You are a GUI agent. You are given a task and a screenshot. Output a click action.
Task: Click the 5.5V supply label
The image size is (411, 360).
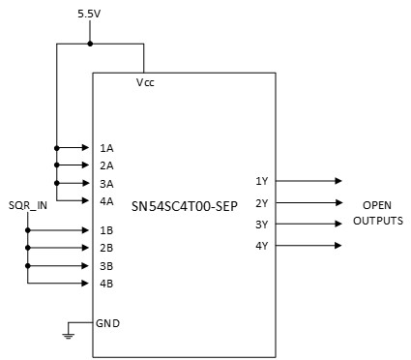point(90,15)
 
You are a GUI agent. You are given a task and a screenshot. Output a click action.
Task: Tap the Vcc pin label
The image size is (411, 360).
point(146,83)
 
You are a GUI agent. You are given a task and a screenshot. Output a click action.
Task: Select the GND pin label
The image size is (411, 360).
point(107,322)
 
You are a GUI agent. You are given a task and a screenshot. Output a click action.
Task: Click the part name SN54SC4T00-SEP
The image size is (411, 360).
point(185,205)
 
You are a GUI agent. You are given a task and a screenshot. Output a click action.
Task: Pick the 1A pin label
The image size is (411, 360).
point(106,148)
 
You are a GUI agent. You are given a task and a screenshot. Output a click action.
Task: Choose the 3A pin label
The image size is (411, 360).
point(106,183)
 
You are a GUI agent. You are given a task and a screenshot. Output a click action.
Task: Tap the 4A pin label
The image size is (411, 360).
point(106,200)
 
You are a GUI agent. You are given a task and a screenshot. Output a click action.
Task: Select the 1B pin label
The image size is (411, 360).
point(106,230)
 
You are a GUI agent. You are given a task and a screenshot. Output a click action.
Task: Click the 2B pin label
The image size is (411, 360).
point(106,248)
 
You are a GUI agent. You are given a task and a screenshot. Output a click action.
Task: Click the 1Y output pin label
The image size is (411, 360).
point(261,181)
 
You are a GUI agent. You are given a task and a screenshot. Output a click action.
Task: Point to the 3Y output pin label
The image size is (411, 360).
point(261,224)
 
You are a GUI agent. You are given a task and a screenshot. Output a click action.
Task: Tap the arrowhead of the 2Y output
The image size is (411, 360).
point(338,202)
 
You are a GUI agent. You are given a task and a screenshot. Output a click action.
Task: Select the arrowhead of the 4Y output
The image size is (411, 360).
point(338,245)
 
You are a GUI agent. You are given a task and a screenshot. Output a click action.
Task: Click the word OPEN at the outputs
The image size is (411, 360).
point(377,206)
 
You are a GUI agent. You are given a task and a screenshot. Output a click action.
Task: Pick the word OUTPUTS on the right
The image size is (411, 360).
point(377,222)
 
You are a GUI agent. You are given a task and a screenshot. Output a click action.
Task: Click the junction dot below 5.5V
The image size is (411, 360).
point(90,44)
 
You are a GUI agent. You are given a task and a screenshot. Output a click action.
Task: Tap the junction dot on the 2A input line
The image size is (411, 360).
point(57,165)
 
